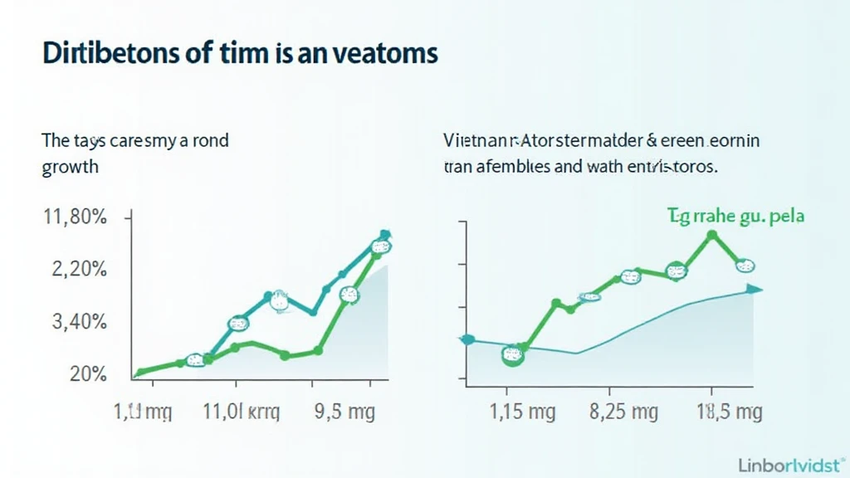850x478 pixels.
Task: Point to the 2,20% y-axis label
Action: click(76, 270)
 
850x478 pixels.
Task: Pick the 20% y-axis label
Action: click(87, 374)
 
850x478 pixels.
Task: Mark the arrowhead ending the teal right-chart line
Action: click(754, 289)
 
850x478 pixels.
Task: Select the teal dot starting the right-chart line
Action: click(467, 339)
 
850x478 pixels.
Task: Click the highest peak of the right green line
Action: click(711, 235)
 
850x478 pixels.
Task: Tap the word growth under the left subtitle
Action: click(70, 166)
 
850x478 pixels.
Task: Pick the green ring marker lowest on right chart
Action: click(514, 355)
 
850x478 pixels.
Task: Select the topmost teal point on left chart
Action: click(384, 235)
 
